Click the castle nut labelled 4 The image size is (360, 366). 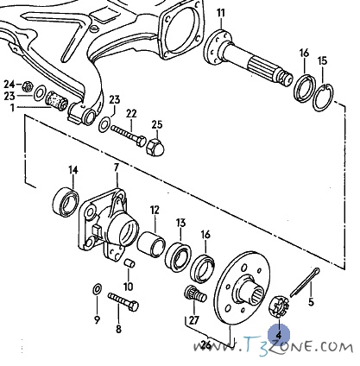(279, 307)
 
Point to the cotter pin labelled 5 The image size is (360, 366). (305, 282)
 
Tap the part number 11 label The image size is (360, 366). (221, 13)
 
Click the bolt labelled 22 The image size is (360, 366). (129, 134)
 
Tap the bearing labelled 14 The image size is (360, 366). (66, 202)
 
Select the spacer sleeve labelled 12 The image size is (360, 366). (151, 243)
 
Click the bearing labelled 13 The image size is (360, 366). (178, 257)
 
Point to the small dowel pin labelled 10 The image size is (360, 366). (129, 263)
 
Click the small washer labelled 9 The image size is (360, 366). (98, 289)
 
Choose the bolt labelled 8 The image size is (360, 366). (123, 301)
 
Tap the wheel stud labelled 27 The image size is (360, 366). (195, 293)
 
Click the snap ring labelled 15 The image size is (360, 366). (323, 98)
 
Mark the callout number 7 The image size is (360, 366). (117, 168)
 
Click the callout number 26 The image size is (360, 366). (205, 344)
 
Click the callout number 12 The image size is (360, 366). (155, 210)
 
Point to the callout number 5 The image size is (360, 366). (311, 302)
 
